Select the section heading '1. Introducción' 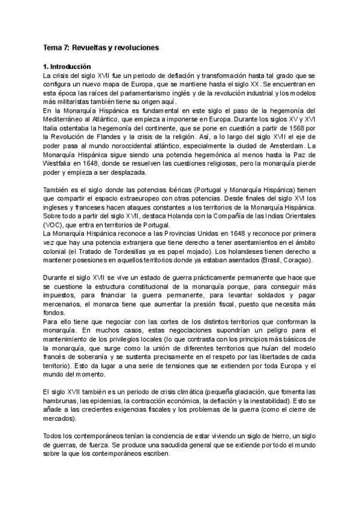click(x=67, y=67)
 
